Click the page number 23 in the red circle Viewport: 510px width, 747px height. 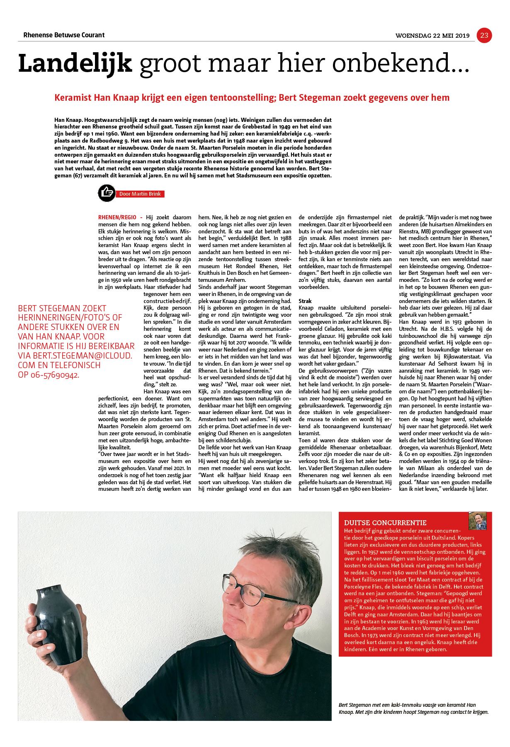click(x=484, y=36)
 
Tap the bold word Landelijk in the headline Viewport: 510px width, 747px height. click(x=75, y=64)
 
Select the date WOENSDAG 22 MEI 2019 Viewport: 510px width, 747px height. click(x=432, y=36)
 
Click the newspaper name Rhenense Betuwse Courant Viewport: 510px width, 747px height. click(x=61, y=35)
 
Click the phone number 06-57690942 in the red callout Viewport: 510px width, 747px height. click(x=53, y=375)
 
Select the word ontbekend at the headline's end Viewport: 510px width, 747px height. click(x=410, y=64)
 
